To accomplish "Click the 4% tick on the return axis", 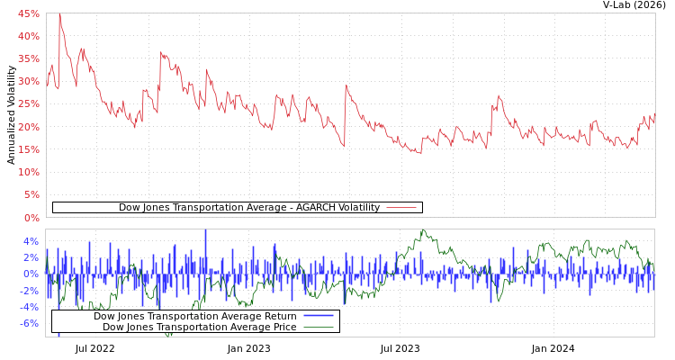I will point(31,241).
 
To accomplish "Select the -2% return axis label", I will point(30,291).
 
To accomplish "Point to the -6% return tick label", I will point(30,323).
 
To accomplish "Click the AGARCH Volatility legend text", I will point(249,208).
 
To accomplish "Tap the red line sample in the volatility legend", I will point(401,208).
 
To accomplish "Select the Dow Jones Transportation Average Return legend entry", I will point(195,316).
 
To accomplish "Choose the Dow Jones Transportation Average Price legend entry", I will point(200,327).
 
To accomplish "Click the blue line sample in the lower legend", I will point(319,316).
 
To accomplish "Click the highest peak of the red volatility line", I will point(59,14).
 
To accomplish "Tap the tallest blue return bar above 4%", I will point(205,232).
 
